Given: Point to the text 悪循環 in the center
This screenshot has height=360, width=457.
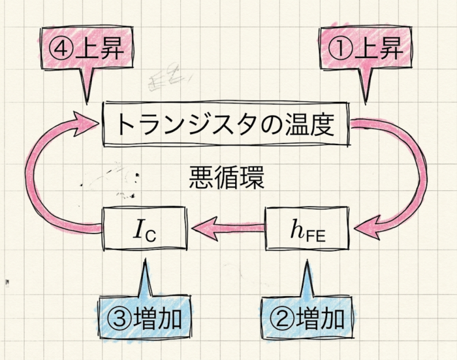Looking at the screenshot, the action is [227, 177].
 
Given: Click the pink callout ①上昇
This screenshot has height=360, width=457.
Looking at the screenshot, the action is [366, 49].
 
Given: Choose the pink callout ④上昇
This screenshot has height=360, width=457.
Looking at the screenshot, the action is [87, 49].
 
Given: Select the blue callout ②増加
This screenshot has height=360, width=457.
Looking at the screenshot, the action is [307, 318].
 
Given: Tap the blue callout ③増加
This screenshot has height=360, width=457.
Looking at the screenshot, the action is [145, 318].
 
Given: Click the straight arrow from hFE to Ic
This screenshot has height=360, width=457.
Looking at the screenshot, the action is [228, 228].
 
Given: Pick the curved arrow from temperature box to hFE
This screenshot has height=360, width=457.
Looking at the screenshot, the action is [422, 175].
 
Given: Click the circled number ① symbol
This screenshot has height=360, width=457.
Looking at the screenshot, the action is [340, 50].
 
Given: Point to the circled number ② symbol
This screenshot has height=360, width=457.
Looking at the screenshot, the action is [283, 319].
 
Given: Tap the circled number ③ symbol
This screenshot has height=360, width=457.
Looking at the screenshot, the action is [119, 319].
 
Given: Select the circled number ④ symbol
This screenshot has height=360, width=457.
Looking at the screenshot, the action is [61, 50].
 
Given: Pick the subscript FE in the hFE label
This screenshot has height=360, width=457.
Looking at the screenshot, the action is [315, 236].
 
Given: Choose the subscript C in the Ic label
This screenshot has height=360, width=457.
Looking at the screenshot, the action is [151, 236].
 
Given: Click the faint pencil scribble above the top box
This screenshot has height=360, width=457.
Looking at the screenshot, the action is [168, 76].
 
